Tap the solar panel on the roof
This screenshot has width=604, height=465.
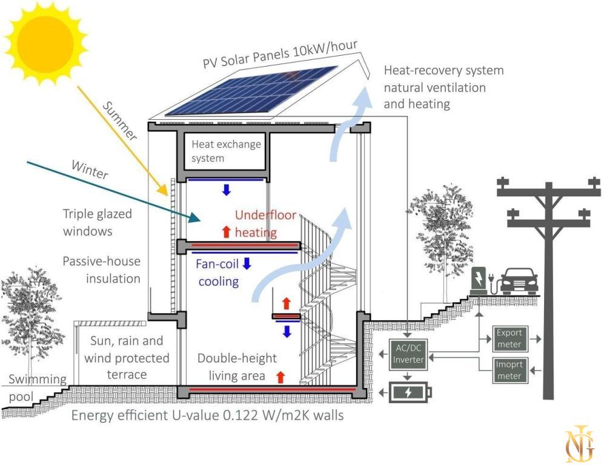pos(251,90)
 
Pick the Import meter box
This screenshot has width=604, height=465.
pos(508,371)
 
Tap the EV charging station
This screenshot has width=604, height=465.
pos(478,282)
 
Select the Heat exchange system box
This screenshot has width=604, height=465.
pos(225,151)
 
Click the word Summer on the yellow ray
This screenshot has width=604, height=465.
pos(120,120)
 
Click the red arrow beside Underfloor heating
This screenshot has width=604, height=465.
pos(226,231)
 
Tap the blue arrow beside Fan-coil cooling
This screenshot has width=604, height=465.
pos(247,263)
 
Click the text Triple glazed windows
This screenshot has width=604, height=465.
pos(97,222)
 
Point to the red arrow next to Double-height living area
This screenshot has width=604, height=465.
pos(280,377)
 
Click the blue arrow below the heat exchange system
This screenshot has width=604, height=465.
pos(226,190)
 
